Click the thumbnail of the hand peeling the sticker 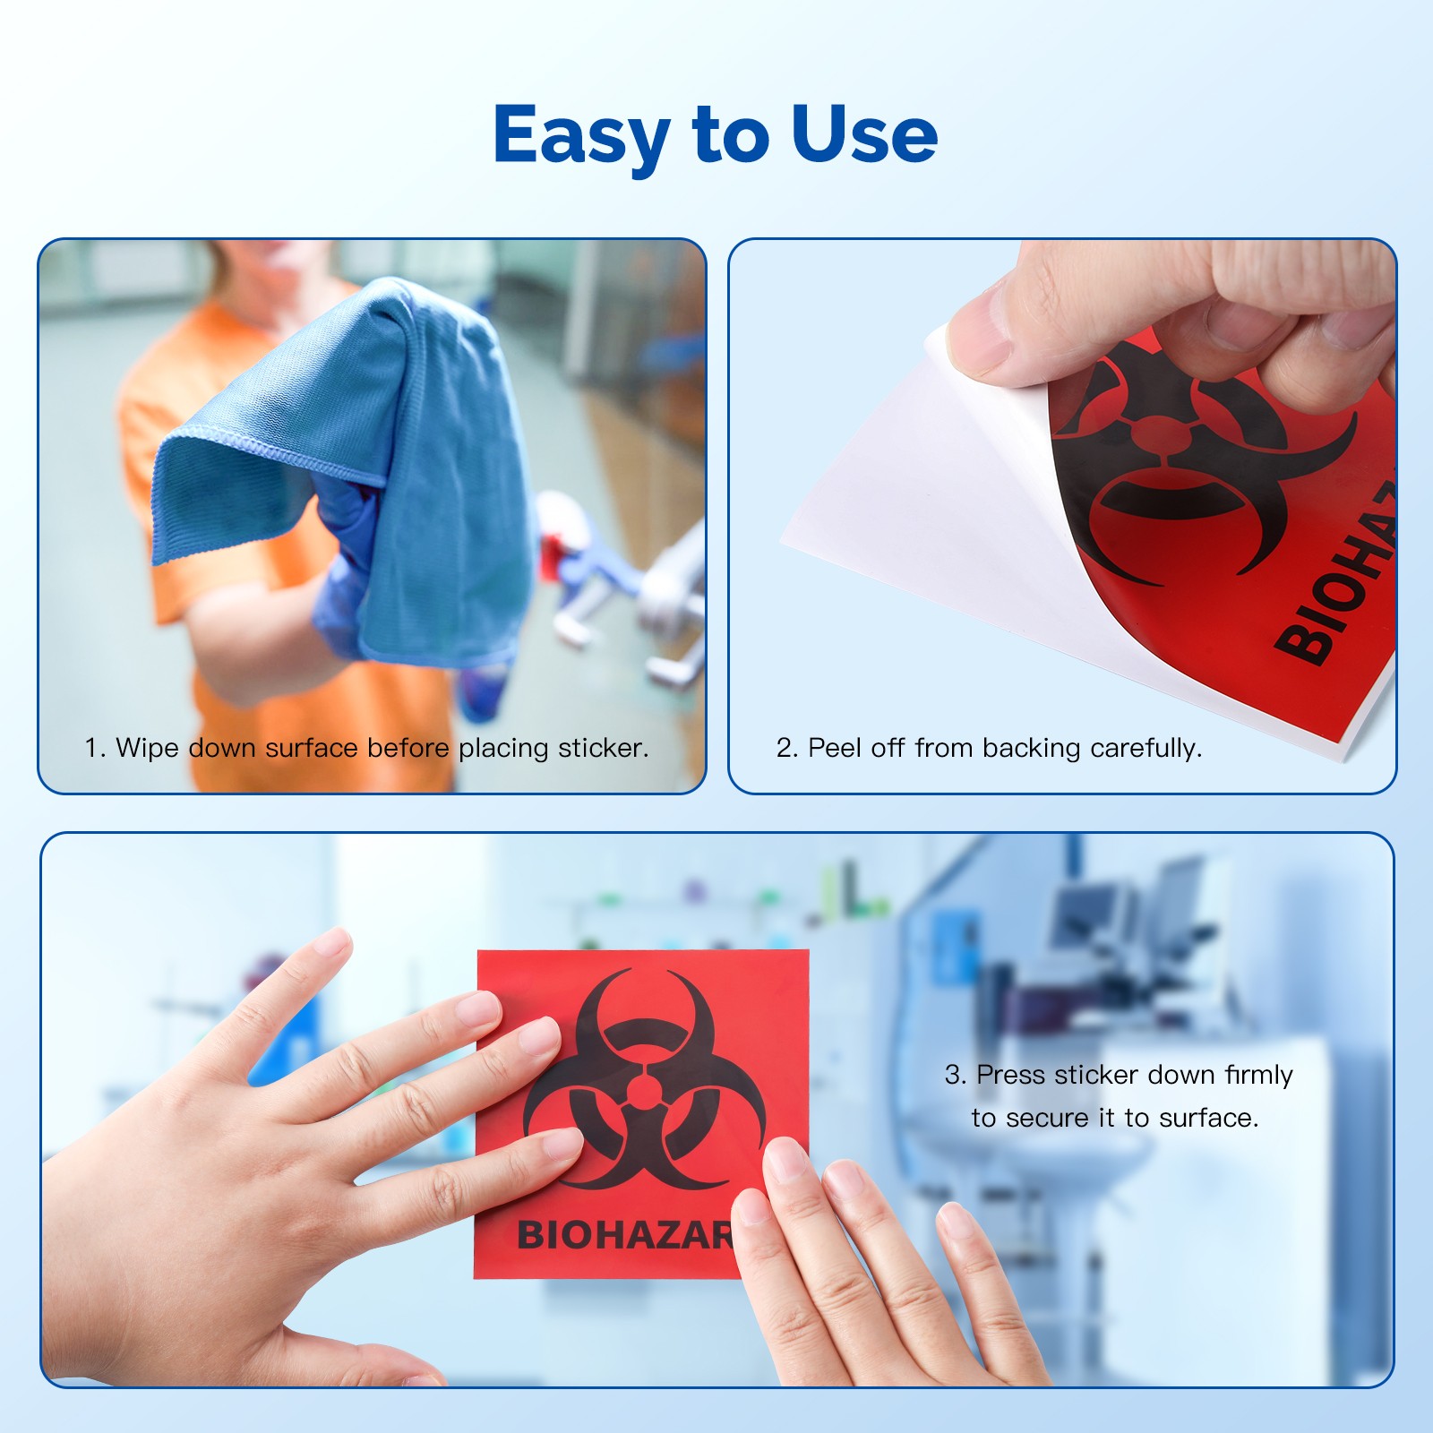(1062, 516)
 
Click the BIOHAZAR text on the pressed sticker (625, 1235)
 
